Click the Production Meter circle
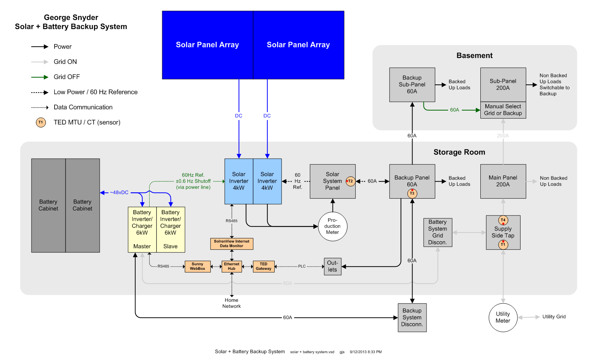332,226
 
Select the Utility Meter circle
503,317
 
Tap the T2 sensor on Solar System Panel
350,181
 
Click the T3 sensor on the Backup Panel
412,193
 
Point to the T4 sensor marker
503,220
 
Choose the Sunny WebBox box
198,266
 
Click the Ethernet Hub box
231,266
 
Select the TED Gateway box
264,266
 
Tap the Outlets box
333,266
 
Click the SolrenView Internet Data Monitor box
232,244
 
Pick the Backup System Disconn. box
412,318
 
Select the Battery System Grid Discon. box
438,232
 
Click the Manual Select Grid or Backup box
503,110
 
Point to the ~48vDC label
119,193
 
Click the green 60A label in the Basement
455,110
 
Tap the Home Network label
231,303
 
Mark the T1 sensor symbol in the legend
41,122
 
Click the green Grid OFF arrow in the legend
40,77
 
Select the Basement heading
474,55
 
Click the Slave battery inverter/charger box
171,229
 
